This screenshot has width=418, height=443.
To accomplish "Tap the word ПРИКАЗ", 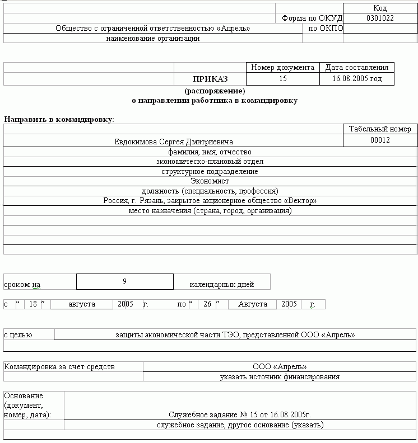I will click(210, 79).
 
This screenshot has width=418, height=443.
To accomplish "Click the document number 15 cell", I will click(282, 79).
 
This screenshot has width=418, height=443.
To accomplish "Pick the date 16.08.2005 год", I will click(356, 79).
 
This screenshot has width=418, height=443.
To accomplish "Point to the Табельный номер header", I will click(380, 129).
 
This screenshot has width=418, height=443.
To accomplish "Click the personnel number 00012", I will click(380, 140).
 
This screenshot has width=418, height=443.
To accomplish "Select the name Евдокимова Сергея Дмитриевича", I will click(174, 142).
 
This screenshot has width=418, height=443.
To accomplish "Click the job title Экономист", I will click(210, 181).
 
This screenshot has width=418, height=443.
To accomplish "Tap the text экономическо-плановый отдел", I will click(210, 162).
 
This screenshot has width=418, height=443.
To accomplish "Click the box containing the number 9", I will click(124, 281).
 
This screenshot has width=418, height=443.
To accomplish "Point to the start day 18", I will click(33, 304).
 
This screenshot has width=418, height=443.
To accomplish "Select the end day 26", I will click(207, 304).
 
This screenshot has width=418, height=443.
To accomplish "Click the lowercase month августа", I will click(82, 304).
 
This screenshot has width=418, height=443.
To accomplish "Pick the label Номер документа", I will click(282, 68).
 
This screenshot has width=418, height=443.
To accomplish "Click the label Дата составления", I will click(356, 68).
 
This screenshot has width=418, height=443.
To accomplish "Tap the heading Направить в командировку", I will click(59, 119).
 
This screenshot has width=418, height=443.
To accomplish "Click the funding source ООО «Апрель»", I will click(280, 367).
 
